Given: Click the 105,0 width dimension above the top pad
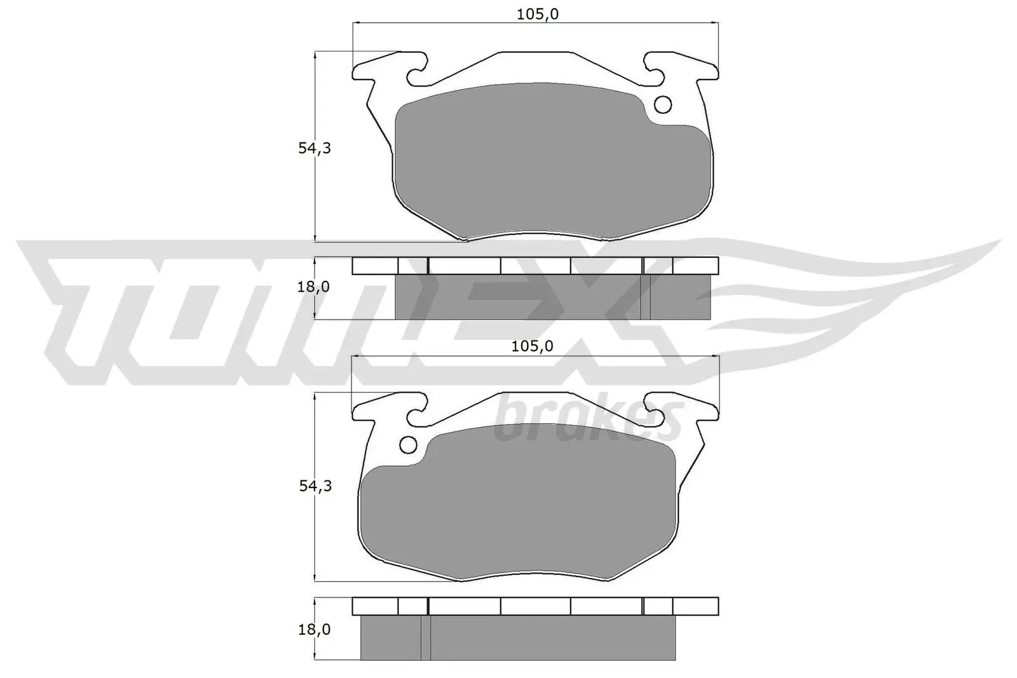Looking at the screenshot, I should point(537,15).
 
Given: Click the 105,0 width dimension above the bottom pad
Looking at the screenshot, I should point(532,346).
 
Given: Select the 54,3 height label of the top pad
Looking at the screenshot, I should point(315,148).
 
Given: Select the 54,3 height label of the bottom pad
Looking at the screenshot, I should point(315,487).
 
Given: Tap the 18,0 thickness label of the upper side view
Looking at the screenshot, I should point(313,287).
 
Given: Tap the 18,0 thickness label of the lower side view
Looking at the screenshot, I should point(313,630).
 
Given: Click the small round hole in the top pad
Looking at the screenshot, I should point(663,104).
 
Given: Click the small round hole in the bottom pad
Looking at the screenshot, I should point(407,445).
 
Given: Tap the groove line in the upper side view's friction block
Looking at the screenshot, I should point(645,297).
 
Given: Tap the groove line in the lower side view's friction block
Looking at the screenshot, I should point(425,638).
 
